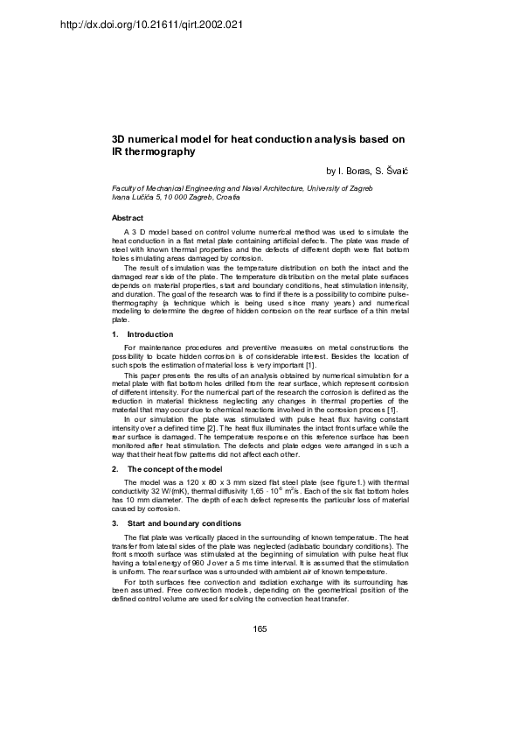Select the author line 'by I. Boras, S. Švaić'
click(x=364, y=170)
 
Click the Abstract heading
click(x=128, y=217)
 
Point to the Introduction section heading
click(x=150, y=334)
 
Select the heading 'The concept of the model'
click(x=177, y=470)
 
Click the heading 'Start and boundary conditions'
click(x=186, y=523)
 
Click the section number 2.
click(x=115, y=470)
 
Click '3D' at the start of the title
click(x=120, y=139)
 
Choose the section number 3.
click(x=115, y=523)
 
